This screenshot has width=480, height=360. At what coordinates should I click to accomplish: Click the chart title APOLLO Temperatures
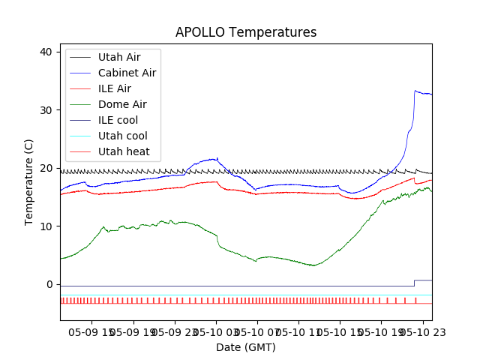[246, 32]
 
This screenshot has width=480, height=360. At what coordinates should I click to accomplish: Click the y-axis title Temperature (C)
[29, 181]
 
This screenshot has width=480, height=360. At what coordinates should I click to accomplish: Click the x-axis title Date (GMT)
[246, 347]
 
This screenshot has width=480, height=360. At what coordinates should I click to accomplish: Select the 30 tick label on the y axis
[46, 110]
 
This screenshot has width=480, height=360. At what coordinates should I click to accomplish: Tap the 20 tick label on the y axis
[46, 168]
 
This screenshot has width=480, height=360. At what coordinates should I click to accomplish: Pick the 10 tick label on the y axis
[46, 226]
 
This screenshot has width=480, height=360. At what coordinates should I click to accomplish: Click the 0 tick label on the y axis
[49, 284]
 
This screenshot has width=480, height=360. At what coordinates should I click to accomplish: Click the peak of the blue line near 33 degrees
[415, 91]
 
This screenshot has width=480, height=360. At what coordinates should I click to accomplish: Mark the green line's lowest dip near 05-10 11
[314, 265]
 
